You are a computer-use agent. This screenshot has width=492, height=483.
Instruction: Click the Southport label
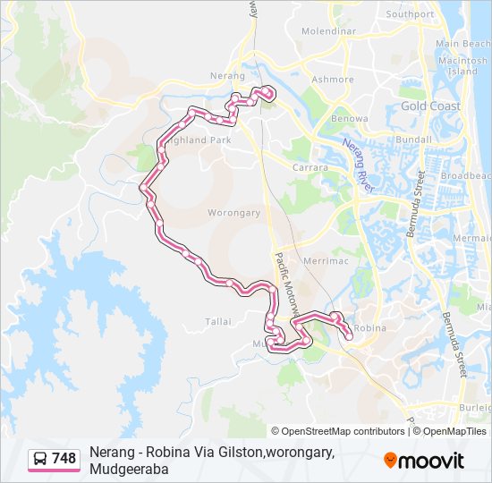point(410,14)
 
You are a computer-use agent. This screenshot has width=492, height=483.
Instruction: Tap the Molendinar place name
point(328,31)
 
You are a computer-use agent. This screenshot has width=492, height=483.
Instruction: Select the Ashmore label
point(332,79)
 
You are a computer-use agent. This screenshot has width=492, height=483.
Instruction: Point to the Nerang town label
point(226,77)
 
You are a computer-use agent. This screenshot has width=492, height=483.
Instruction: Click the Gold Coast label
point(430,106)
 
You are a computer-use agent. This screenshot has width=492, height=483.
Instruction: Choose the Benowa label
point(349,118)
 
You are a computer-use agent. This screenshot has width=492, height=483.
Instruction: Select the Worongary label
point(233,213)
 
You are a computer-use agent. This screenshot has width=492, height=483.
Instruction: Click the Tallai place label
point(218,321)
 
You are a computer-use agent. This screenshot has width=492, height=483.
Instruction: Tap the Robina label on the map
point(369,328)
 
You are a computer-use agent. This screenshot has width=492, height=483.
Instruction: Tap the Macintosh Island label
point(462,64)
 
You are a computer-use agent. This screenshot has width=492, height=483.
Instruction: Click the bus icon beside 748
point(41,459)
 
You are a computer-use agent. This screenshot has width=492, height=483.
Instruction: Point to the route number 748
point(64,459)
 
